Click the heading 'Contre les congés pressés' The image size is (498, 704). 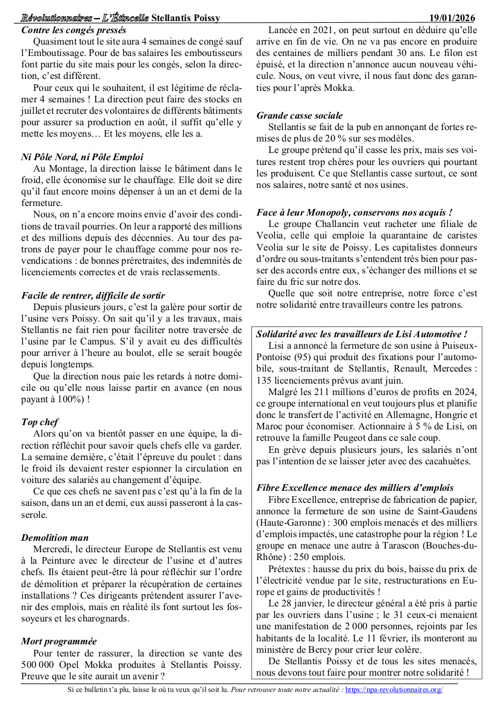tap(74, 30)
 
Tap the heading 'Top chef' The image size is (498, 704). tap(40, 422)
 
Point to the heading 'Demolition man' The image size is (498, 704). tap(55, 537)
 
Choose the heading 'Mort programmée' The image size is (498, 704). tap(59, 641)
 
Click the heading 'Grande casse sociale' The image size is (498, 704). tap(300, 115)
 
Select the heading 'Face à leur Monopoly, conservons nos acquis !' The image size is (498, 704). tap(355, 213)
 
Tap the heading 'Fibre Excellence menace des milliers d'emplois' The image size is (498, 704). tap(355, 488)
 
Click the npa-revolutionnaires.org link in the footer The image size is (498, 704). tap(394, 690)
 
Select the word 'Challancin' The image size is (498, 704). tap(337, 224)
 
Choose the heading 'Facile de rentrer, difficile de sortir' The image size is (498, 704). tap(93, 295)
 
